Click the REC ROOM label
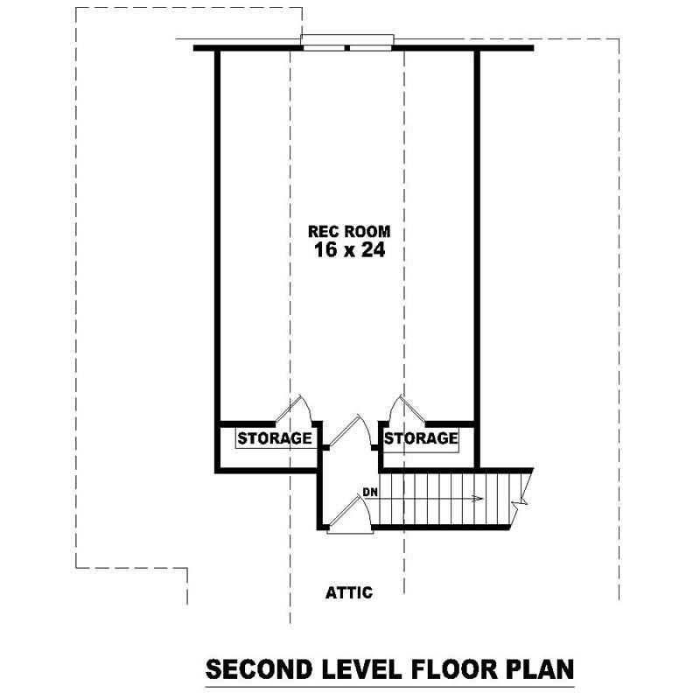(x=348, y=232)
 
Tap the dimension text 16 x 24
(x=349, y=250)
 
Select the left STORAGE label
(x=275, y=437)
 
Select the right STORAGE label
(x=421, y=437)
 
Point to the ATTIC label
(x=349, y=592)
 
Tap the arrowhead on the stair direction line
(x=477, y=499)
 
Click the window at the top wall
(x=347, y=42)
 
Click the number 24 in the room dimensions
(x=371, y=250)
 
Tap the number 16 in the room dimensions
(x=325, y=250)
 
